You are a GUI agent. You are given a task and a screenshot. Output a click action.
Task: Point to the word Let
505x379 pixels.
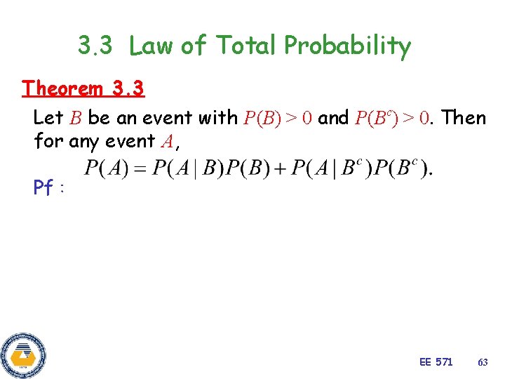(x=48, y=118)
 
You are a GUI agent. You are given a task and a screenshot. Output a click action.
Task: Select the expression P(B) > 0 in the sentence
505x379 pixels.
(x=278, y=118)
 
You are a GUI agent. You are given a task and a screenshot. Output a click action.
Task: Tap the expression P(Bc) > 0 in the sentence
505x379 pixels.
(x=392, y=118)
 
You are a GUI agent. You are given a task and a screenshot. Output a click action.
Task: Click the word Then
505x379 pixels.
(x=462, y=118)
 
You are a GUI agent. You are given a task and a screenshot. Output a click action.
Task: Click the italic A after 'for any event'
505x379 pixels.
(x=167, y=142)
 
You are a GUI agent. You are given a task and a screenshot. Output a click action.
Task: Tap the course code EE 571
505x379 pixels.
(x=436, y=362)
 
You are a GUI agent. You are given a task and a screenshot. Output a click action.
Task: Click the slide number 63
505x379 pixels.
(x=483, y=362)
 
